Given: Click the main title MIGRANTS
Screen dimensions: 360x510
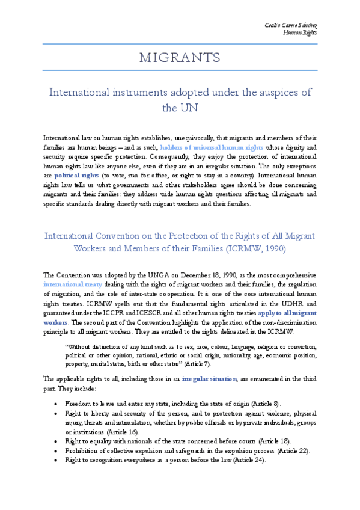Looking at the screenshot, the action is pyautogui.click(x=180, y=58).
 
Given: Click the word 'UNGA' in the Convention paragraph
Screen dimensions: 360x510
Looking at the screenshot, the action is pyautogui.click(x=133, y=274).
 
